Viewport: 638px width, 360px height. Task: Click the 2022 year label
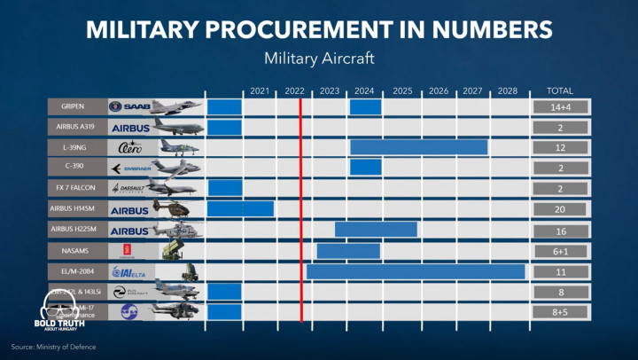click(x=295, y=90)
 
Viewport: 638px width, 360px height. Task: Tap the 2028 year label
click(x=508, y=90)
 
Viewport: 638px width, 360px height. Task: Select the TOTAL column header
click(x=560, y=90)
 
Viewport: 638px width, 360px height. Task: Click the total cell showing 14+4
click(x=560, y=106)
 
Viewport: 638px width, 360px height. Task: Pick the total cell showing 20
click(x=560, y=208)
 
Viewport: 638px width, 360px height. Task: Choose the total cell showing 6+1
click(x=560, y=250)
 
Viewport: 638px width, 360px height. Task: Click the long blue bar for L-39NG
click(x=418, y=147)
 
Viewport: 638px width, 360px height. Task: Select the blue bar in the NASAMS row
click(x=348, y=250)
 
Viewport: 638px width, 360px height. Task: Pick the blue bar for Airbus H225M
click(x=376, y=229)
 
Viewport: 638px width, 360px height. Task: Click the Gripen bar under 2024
click(x=365, y=106)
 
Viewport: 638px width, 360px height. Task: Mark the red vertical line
click(x=300, y=204)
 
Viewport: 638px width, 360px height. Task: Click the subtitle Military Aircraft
click(x=319, y=59)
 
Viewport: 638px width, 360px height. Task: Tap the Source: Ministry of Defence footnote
click(x=53, y=346)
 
